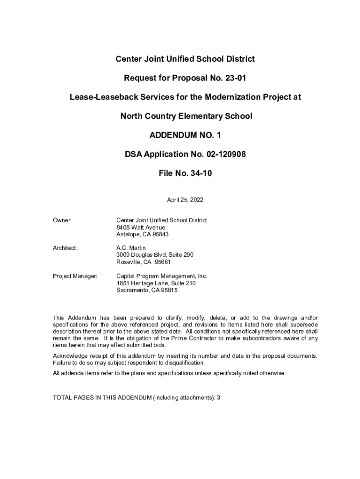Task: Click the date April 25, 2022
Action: [185, 200]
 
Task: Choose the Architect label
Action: [65, 248]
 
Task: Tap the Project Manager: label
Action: [75, 276]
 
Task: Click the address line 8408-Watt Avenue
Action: [141, 227]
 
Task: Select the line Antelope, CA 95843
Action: [143, 234]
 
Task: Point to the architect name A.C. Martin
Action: [131, 248]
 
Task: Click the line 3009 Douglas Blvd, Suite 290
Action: [155, 255]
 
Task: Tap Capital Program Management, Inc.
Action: [161, 276]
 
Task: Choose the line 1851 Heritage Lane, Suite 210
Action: [156, 283]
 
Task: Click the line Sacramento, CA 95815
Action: [147, 290]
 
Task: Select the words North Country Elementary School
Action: [186, 116]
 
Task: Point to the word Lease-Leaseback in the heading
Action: [98, 97]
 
